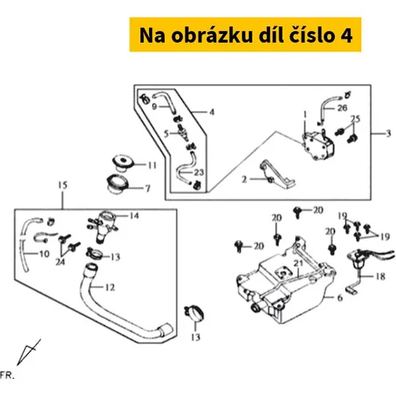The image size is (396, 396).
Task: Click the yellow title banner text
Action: [x=246, y=35]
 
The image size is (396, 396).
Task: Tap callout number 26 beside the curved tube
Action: [x=342, y=108]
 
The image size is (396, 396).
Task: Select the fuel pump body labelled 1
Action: [x=318, y=144]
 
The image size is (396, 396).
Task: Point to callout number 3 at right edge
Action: [x=388, y=134]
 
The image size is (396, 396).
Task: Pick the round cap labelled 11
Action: [x=123, y=163]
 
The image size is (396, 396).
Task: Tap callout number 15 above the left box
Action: [x=63, y=185]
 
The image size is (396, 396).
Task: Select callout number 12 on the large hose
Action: [x=110, y=287]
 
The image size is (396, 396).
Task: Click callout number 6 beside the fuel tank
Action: [x=340, y=298]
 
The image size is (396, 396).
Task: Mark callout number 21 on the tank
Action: [x=299, y=264]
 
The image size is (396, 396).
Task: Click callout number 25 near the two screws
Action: [x=356, y=119]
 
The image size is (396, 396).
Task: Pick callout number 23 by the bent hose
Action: [x=199, y=173]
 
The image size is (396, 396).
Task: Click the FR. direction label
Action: [x=7, y=375]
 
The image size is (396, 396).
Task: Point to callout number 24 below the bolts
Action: [x=60, y=262]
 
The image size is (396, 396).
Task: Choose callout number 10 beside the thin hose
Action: [x=44, y=254]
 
